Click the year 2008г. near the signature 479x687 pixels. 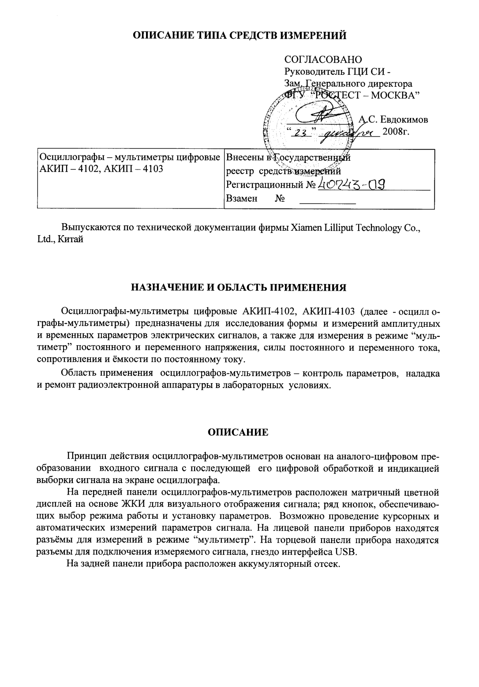point(397,132)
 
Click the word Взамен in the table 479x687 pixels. point(241,199)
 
